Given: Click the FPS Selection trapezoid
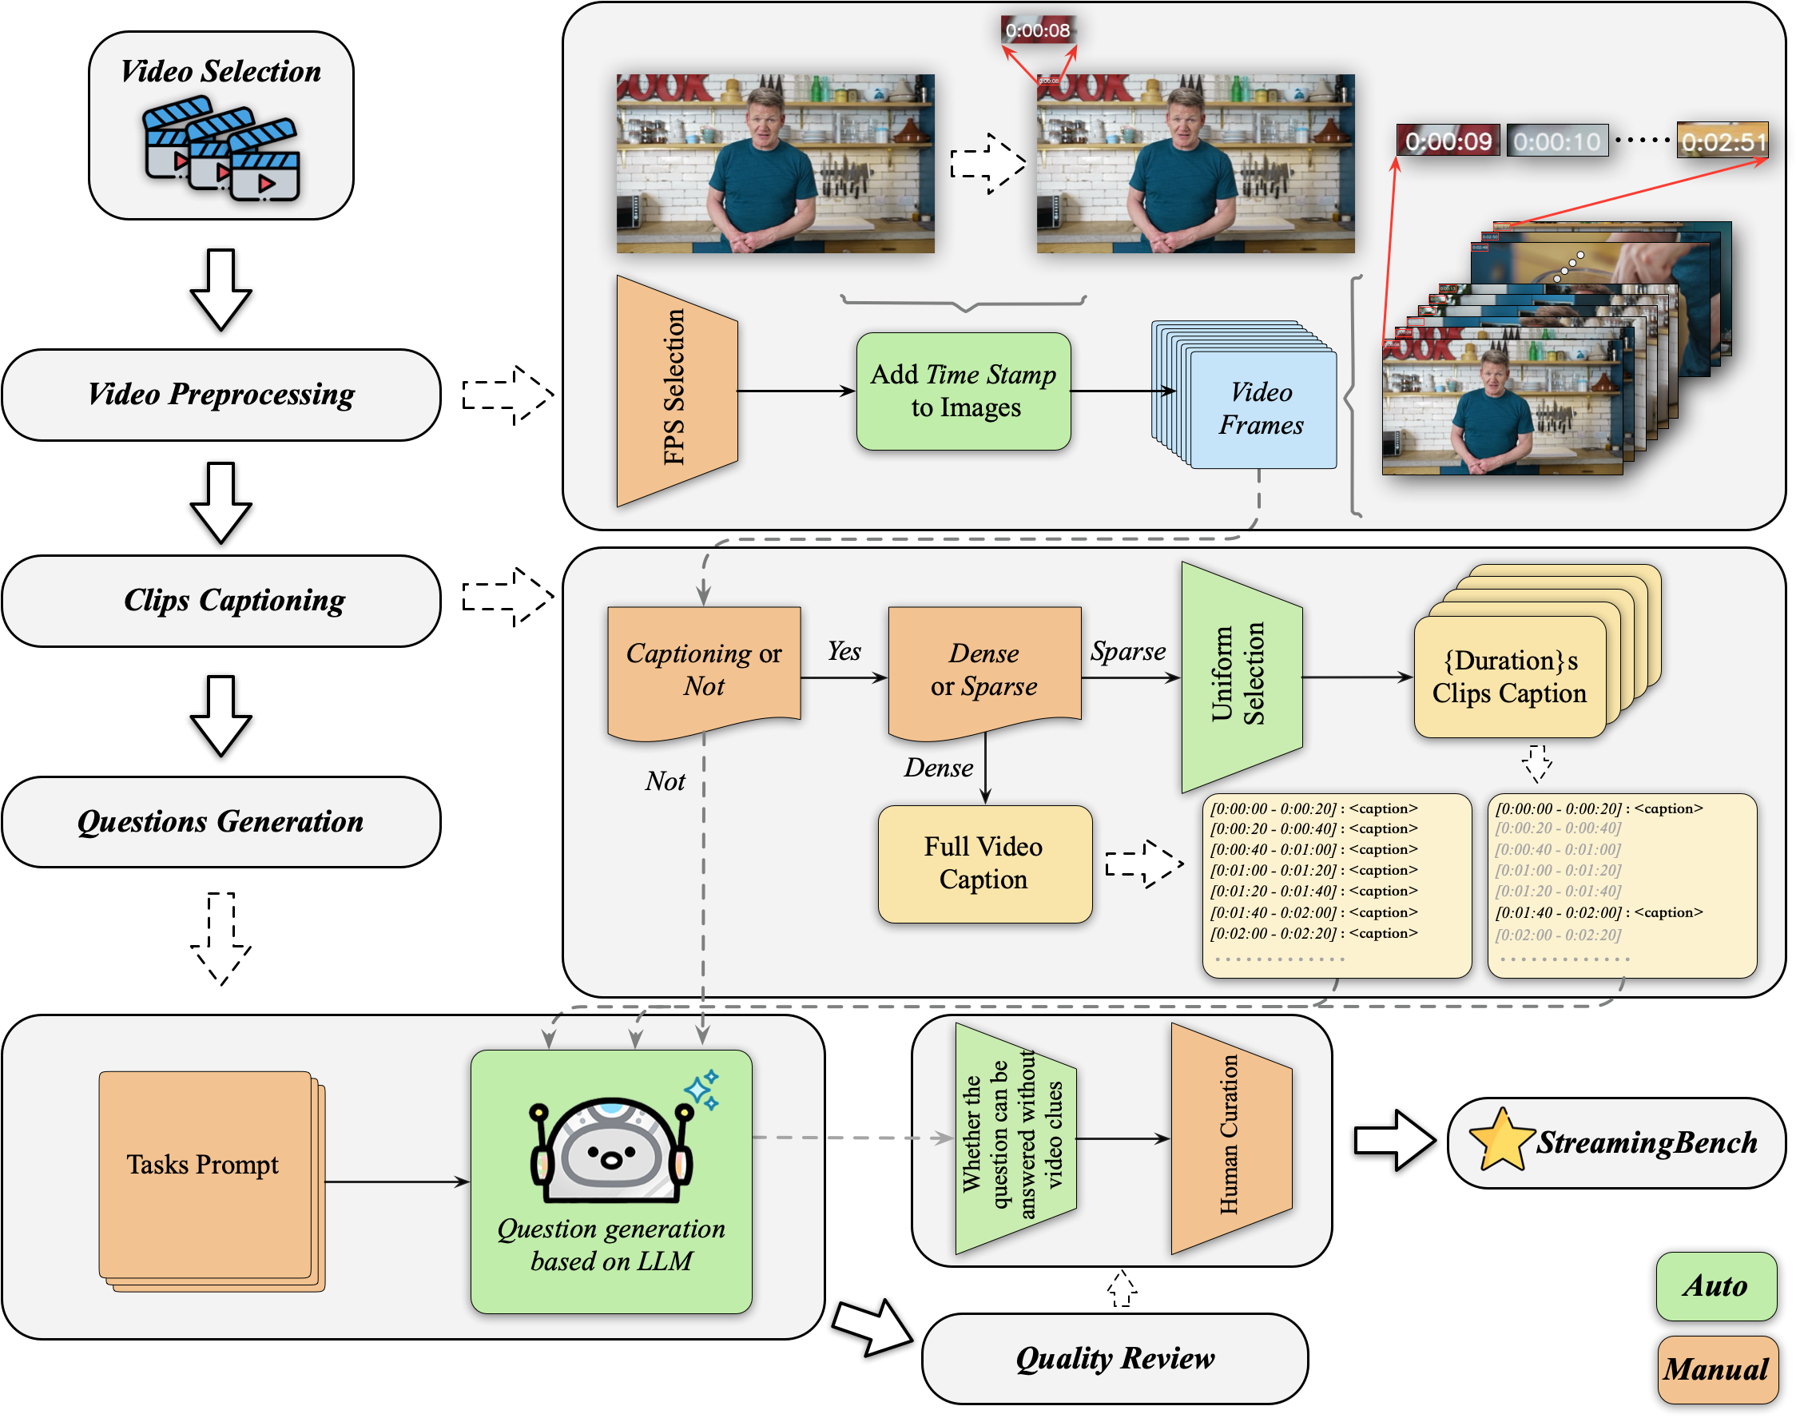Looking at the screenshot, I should point(677,390).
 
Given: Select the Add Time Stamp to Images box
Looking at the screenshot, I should point(963,391).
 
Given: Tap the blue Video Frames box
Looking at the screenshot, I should point(1262,409).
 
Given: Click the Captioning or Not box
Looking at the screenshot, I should point(703,669).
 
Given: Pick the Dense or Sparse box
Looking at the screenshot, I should point(983,669).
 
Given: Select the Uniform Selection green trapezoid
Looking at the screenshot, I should point(1241,676).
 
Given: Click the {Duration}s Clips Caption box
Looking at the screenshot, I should point(1509,677).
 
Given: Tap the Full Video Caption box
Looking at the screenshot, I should point(983,864).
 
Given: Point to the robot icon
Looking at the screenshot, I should point(611,1150).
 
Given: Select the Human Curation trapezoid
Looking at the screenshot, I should point(1230,1138).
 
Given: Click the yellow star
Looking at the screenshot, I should point(1502,1140).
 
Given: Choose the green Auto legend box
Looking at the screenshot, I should point(1716,1286).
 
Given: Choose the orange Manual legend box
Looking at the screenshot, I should point(1717,1369).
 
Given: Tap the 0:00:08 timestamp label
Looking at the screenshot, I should point(1038,30).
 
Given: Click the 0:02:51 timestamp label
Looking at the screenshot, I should point(1723,141).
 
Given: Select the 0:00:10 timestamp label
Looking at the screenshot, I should point(1556,141).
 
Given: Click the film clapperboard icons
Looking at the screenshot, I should point(221,149).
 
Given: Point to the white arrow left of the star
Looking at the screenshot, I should point(1394,1140).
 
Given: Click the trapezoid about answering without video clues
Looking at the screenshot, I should point(1015,1138).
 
